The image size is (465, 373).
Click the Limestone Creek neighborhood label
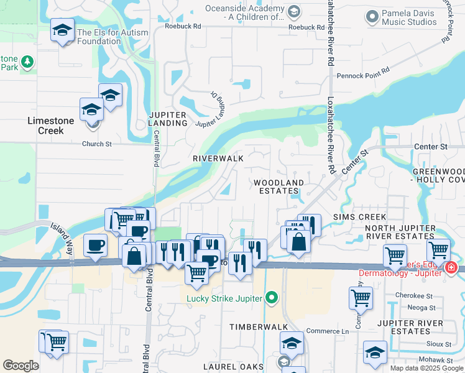coord(51,126)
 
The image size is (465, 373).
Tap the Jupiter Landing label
coord(168,119)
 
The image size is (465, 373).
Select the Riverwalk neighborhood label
coord(218,159)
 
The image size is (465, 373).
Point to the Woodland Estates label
coord(279,186)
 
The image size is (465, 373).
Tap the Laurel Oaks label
coord(244,367)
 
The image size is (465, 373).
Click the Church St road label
coord(96,144)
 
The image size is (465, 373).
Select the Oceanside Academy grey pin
coord(294,11)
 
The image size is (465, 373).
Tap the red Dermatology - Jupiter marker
coord(451,269)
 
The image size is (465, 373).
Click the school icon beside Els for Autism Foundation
coord(62,31)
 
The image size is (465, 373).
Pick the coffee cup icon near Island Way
coord(95,245)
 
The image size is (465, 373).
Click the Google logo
coord(21,366)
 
